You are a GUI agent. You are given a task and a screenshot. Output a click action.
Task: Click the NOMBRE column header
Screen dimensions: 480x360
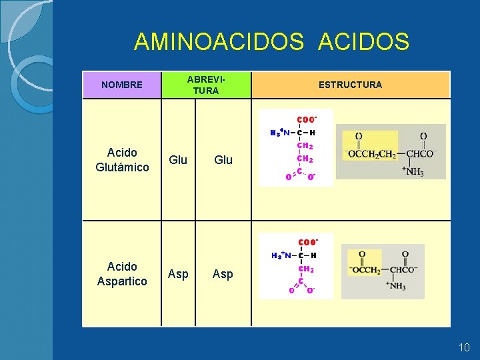(121, 85)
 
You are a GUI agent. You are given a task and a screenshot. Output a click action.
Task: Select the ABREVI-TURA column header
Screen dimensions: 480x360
(205, 85)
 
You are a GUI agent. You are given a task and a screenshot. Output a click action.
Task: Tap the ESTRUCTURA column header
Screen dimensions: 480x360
(350, 85)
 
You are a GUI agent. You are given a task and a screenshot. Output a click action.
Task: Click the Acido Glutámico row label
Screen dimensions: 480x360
(122, 160)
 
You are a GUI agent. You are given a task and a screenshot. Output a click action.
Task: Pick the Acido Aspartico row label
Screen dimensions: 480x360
(122, 274)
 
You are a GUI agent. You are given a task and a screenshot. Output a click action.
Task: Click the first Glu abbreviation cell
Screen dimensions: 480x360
(178, 160)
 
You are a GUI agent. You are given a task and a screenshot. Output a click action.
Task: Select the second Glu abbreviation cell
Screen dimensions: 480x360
(223, 160)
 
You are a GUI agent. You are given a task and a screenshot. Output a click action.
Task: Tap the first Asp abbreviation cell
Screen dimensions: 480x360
(178, 274)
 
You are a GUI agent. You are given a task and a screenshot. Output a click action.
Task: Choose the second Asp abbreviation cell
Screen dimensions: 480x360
(223, 274)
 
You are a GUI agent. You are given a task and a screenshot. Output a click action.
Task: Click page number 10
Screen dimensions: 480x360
(464, 347)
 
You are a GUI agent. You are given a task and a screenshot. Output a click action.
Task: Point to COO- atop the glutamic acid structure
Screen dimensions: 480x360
(306, 119)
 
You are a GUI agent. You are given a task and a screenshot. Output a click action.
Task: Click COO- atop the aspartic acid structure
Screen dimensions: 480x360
(307, 242)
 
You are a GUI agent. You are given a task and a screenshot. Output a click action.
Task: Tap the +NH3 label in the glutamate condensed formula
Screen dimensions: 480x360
(413, 172)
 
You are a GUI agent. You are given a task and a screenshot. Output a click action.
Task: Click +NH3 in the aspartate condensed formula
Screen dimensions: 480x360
(395, 286)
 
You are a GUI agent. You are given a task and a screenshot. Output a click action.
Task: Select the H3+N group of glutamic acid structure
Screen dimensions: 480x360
(279, 133)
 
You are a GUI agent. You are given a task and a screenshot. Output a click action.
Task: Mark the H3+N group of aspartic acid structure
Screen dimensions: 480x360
(281, 255)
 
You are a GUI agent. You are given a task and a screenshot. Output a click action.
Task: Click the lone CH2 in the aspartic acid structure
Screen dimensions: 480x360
(305, 269)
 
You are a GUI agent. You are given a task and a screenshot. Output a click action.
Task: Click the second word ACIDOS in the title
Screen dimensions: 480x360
(364, 42)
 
